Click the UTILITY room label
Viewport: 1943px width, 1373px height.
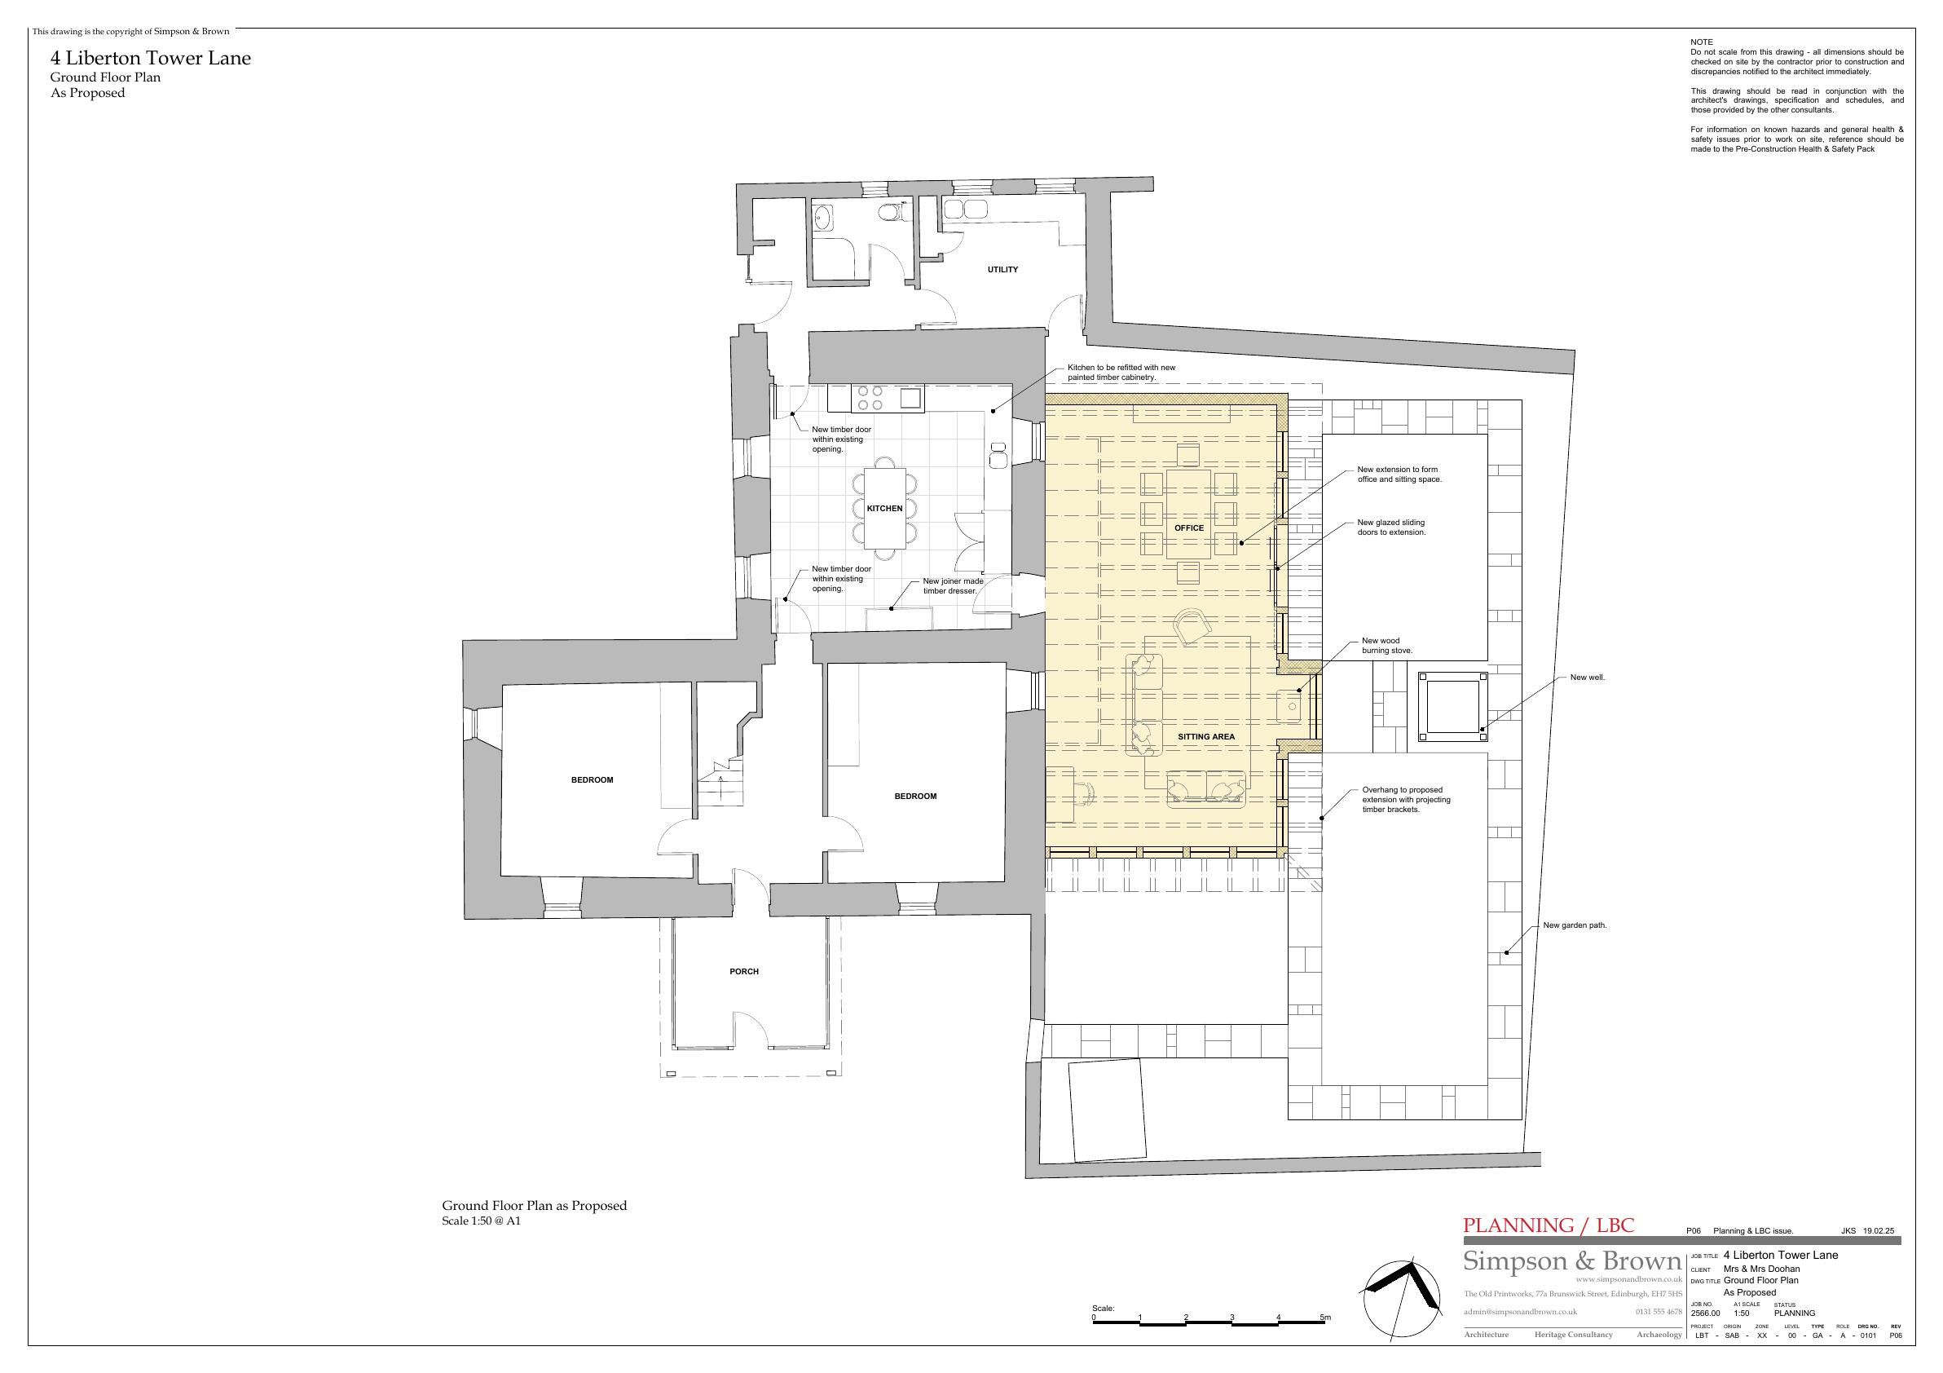click(1002, 269)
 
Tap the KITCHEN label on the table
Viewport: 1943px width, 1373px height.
click(884, 508)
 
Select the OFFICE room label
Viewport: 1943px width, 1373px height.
click(1189, 528)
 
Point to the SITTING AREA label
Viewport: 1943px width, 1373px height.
click(1206, 736)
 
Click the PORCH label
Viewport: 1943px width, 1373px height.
click(744, 971)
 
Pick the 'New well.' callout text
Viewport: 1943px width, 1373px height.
click(1588, 678)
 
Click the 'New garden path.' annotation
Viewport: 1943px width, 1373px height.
click(1575, 925)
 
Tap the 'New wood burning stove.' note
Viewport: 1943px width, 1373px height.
click(1387, 646)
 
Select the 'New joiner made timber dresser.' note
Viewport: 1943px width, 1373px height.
click(953, 585)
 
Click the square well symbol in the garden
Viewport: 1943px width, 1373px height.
click(1453, 704)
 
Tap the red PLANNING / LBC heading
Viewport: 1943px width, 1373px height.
click(1549, 1225)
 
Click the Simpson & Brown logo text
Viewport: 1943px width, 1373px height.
click(1571, 1260)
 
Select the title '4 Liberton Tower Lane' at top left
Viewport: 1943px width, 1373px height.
click(151, 59)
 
